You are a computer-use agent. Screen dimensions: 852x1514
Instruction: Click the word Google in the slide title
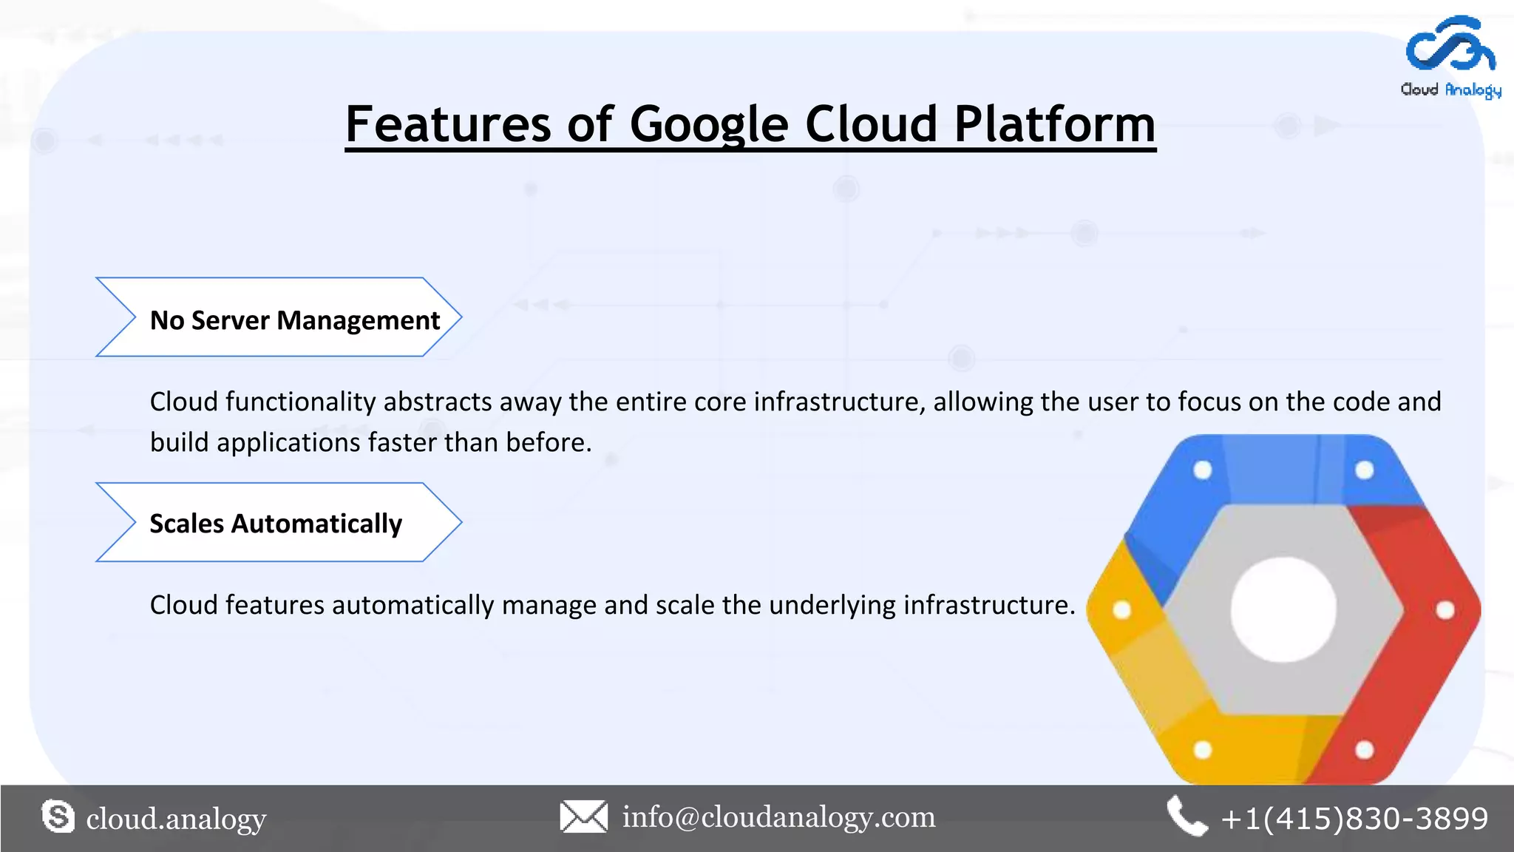pos(708,124)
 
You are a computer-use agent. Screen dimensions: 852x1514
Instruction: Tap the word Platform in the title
pos(1054,124)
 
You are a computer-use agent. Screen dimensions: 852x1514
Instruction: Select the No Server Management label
pos(294,320)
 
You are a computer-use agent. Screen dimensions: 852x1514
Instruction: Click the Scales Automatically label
pos(276,524)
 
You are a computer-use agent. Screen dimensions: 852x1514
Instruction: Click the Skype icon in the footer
pos(58,816)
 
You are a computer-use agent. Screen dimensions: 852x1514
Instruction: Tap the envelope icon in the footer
pos(583,816)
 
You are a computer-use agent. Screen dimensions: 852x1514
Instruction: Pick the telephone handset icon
pos(1186,816)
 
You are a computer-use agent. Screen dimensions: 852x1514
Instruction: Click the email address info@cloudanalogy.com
pos(778,817)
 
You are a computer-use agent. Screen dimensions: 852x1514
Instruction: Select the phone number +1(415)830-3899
pos(1354,819)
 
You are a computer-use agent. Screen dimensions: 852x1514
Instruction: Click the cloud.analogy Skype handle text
pos(176,819)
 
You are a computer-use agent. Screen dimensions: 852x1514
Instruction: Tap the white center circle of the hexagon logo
pos(1283,609)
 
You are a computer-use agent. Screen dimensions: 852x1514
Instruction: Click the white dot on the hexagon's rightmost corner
pos(1445,610)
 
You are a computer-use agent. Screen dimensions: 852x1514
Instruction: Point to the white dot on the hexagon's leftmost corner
pos(1121,610)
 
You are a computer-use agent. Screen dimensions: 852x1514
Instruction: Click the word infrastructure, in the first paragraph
pos(839,402)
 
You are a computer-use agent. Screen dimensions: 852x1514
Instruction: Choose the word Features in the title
pos(447,124)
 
